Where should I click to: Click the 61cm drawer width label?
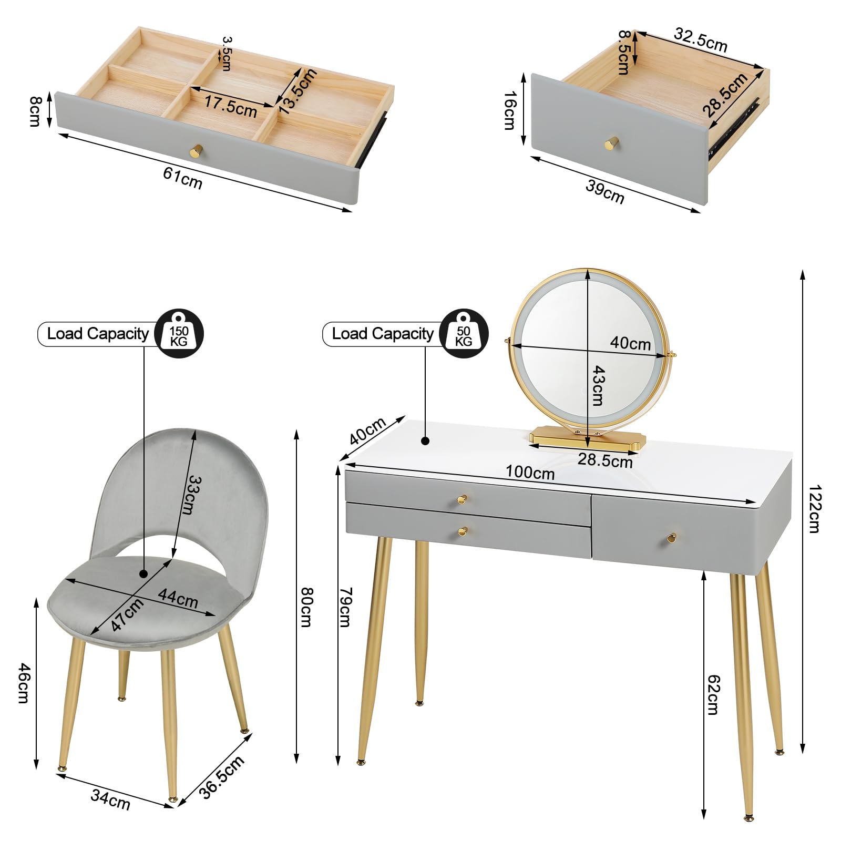(x=182, y=178)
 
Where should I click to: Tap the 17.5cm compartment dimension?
(x=230, y=106)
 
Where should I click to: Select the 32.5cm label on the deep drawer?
(x=701, y=40)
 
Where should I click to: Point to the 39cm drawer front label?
(x=605, y=192)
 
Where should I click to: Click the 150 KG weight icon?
(x=179, y=334)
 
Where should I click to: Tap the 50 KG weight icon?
(x=464, y=334)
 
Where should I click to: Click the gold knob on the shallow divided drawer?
(x=196, y=151)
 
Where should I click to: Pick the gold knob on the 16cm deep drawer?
(x=611, y=143)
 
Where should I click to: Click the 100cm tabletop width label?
(x=530, y=473)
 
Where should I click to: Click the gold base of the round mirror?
(x=586, y=437)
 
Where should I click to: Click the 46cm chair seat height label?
(x=24, y=683)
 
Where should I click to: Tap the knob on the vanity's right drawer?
(x=671, y=537)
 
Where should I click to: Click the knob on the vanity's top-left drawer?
(x=462, y=499)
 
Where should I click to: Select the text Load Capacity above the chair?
(x=98, y=334)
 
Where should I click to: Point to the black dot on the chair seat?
(x=144, y=574)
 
